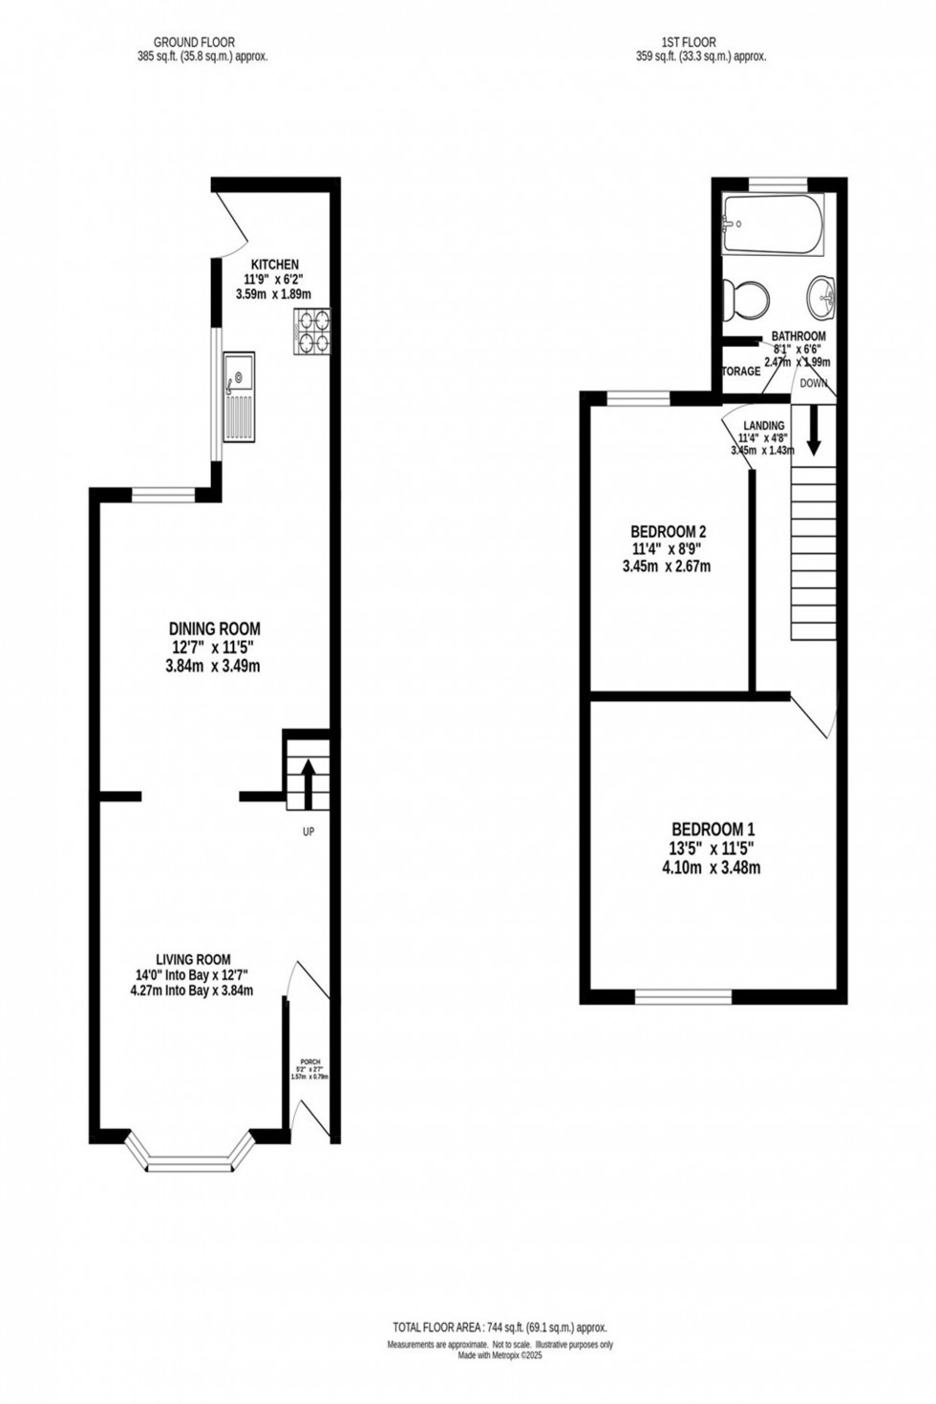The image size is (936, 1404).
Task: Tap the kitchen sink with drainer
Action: click(239, 396)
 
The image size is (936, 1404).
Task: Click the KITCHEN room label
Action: click(274, 265)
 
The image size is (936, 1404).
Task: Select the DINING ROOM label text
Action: click(214, 628)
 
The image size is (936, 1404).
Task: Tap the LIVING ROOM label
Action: click(193, 959)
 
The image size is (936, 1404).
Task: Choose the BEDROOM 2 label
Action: click(668, 532)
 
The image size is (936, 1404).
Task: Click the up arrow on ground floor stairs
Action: click(308, 779)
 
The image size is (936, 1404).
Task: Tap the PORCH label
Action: click(309, 1061)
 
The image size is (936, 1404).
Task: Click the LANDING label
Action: click(765, 426)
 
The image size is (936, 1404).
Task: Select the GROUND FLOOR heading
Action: click(194, 42)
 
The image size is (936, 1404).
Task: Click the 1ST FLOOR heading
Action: click(688, 42)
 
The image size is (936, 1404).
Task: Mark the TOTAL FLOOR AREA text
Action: click(500, 1328)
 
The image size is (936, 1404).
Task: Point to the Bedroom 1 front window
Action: click(684, 996)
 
